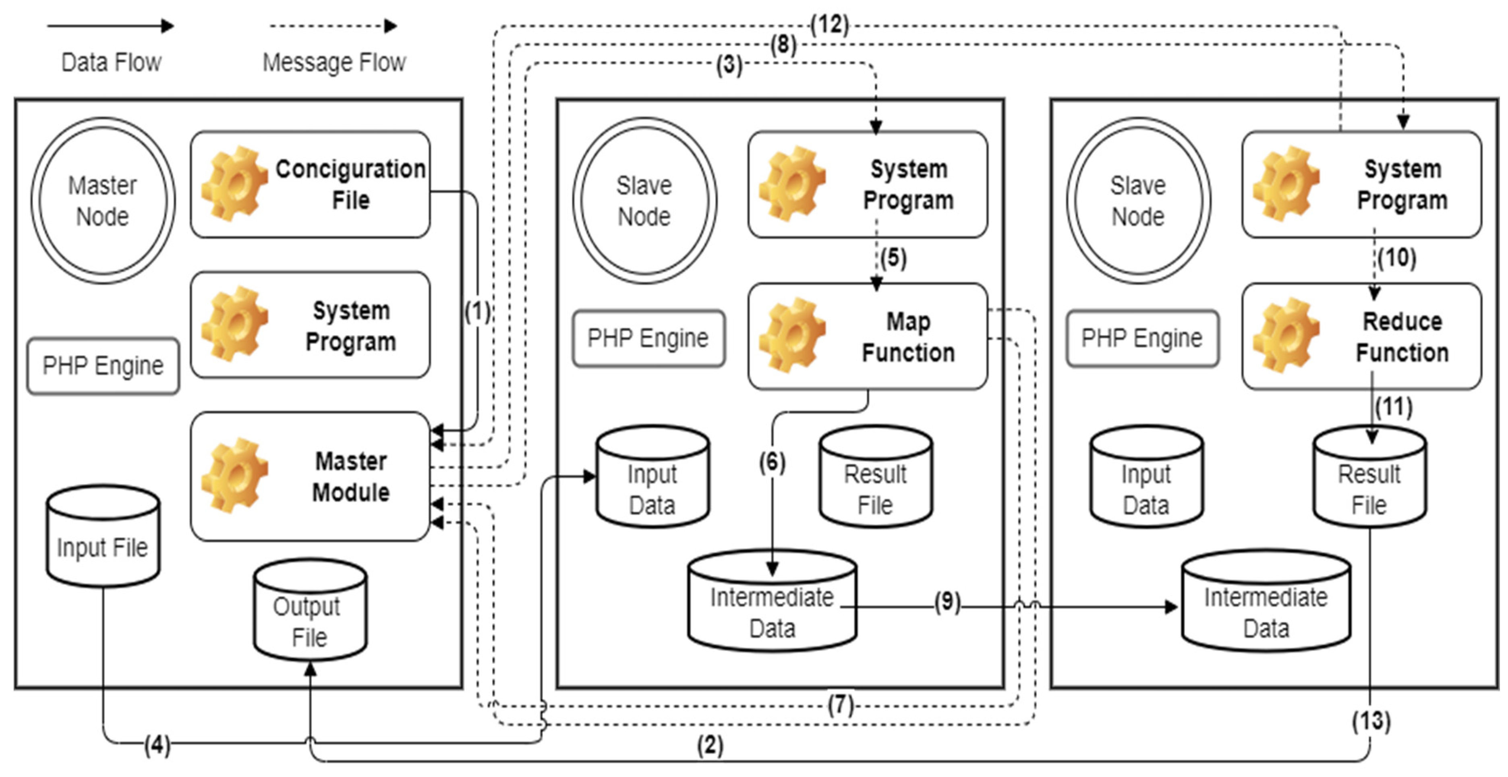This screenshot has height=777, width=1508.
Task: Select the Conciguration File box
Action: pos(310,184)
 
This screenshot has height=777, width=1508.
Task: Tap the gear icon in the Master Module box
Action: pos(234,475)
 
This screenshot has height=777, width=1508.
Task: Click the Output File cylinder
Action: pos(310,612)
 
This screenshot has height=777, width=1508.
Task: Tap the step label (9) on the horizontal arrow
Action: pos(947,602)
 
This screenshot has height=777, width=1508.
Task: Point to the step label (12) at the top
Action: pos(829,25)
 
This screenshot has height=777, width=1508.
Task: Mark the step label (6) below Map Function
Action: pos(772,462)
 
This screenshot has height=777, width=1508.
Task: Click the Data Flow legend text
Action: pos(111,62)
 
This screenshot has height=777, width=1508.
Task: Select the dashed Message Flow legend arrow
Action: pos(333,26)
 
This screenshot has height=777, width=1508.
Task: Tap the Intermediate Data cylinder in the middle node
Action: pos(772,603)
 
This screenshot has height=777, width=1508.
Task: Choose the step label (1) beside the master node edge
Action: pos(477,311)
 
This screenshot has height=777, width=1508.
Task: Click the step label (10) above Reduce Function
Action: pos(1397,258)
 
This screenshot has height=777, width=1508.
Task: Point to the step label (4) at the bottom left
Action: pos(157,746)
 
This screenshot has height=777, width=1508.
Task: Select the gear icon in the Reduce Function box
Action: pos(1286,334)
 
